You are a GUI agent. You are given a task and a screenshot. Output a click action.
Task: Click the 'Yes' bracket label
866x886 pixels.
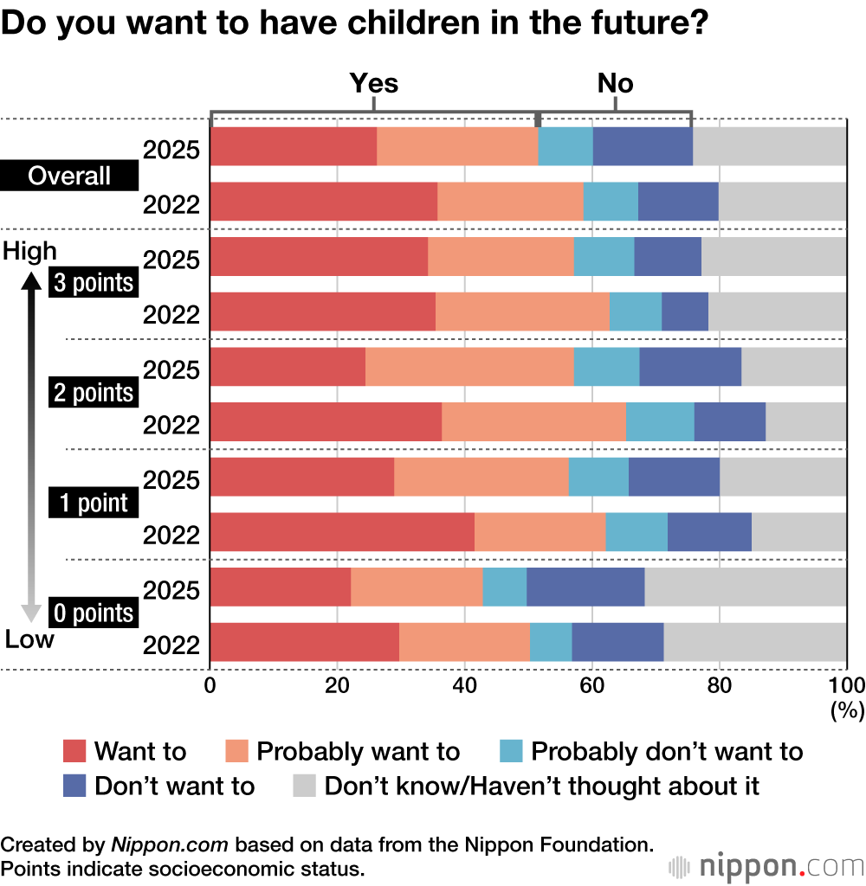pos(373,83)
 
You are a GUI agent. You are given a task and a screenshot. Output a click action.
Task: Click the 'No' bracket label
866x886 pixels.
pos(615,83)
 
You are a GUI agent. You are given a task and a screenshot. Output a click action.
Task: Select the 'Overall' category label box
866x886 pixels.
pos(69,176)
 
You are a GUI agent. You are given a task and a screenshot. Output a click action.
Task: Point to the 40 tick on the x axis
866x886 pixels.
pos(465,686)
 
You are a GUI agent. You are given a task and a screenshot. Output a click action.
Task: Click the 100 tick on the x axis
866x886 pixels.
pos(845,686)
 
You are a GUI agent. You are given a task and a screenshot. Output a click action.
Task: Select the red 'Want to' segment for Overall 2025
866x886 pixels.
pos(294,146)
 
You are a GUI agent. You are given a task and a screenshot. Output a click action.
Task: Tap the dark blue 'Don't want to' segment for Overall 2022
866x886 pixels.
pos(678,202)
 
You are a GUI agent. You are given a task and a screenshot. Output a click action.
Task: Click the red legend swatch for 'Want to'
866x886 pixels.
pos(75,751)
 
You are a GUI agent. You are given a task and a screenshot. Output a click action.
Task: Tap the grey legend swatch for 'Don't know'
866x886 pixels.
pos(304,786)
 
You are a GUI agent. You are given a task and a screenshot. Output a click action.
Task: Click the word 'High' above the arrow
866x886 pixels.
pos(30,251)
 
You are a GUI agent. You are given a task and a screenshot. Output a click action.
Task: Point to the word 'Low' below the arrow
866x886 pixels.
pos(29,639)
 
